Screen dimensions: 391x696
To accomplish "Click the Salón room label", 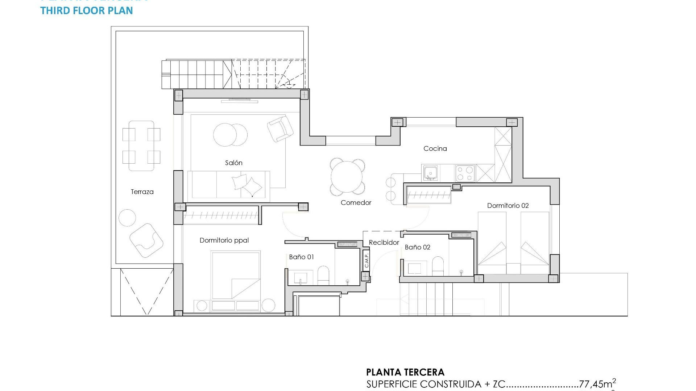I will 233,163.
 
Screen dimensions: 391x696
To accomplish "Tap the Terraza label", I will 142,192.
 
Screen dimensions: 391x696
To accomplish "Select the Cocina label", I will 435,148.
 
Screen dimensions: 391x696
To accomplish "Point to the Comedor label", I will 356,203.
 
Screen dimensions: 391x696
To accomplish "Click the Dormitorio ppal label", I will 224,240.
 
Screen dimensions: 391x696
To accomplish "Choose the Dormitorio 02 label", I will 507,206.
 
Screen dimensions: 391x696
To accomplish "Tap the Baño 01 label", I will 301,257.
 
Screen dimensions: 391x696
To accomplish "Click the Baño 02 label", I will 417,247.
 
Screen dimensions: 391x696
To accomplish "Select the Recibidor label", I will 384,243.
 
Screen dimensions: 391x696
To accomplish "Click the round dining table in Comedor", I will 347,177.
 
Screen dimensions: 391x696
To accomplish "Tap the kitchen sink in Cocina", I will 430,173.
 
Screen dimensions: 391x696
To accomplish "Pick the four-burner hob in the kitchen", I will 465,173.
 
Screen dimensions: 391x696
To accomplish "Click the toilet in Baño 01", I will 323,276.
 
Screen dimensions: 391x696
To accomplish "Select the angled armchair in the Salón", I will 280,129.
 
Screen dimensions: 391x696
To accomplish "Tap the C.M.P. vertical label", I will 366,260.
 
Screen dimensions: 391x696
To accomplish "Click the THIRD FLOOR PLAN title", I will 87,10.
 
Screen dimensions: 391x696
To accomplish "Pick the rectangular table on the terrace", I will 141,146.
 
